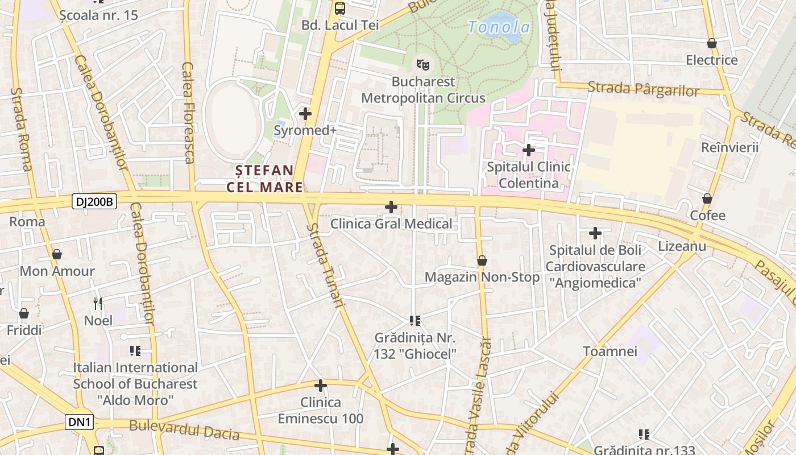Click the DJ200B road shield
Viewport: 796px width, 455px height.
click(x=94, y=201)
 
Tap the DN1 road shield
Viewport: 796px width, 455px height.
click(x=80, y=422)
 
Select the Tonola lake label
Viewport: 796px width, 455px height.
click(x=499, y=27)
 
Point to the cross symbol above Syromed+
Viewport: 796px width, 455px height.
click(x=305, y=113)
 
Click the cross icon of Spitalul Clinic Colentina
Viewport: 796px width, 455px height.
click(x=529, y=150)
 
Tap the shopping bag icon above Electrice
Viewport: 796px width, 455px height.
click(x=711, y=43)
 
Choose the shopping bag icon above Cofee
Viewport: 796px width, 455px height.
click(x=707, y=198)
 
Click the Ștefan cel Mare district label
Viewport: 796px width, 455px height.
click(x=265, y=179)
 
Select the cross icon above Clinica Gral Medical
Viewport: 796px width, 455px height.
click(x=391, y=206)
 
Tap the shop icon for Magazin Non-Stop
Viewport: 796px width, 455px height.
click(x=482, y=260)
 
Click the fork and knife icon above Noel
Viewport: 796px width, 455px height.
click(x=98, y=303)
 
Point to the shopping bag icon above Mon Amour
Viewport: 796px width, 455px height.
click(x=57, y=254)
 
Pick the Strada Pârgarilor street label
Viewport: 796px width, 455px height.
click(x=643, y=89)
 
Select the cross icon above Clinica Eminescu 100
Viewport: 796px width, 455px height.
click(x=321, y=386)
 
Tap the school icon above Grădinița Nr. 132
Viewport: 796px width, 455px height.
click(x=415, y=321)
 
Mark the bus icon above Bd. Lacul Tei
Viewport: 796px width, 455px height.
click(x=340, y=8)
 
